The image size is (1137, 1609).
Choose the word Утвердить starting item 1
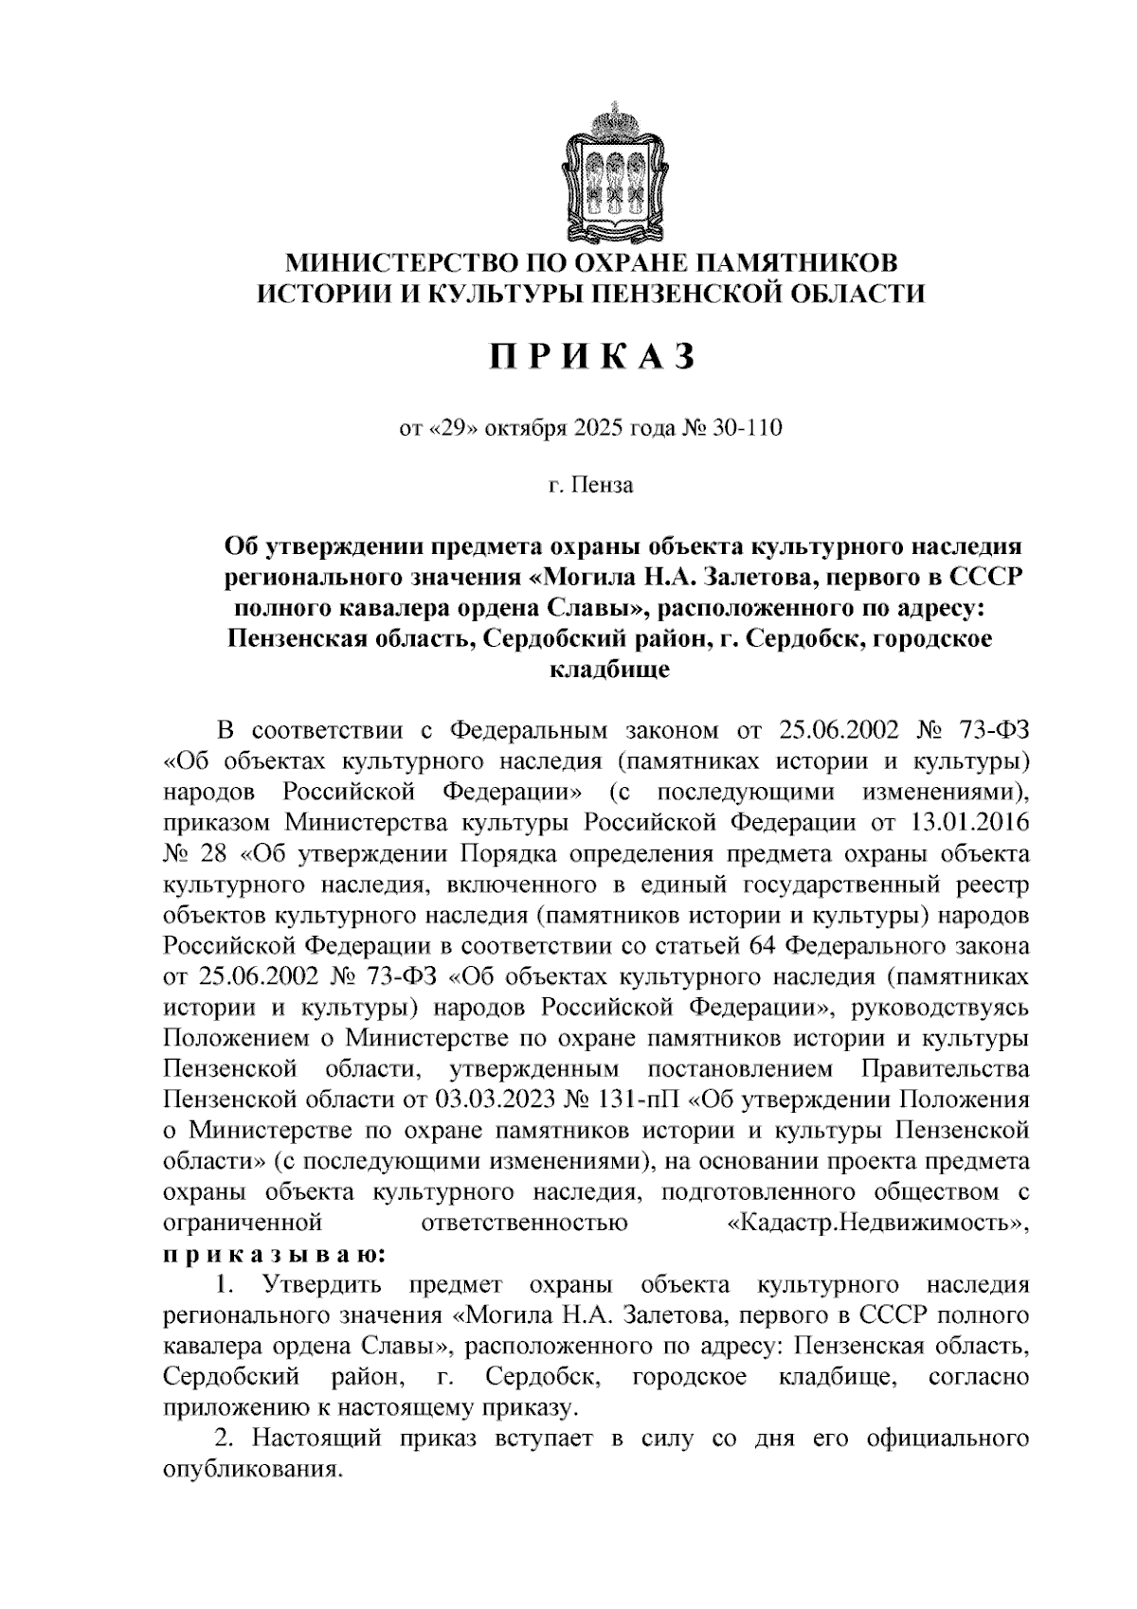(323, 1285)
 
